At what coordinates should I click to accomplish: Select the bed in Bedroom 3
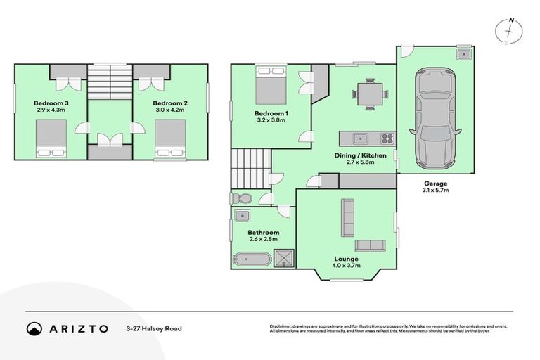coord(51,137)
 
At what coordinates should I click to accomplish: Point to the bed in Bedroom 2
coord(169,137)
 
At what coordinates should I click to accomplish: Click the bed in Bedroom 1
coord(269,85)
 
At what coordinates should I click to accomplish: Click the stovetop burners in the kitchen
coord(386,138)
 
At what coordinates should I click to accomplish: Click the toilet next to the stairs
coord(240,198)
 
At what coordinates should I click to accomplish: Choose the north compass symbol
coord(510,31)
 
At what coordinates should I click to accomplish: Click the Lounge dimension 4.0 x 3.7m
coord(346,266)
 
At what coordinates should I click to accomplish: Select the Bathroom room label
coord(263,233)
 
